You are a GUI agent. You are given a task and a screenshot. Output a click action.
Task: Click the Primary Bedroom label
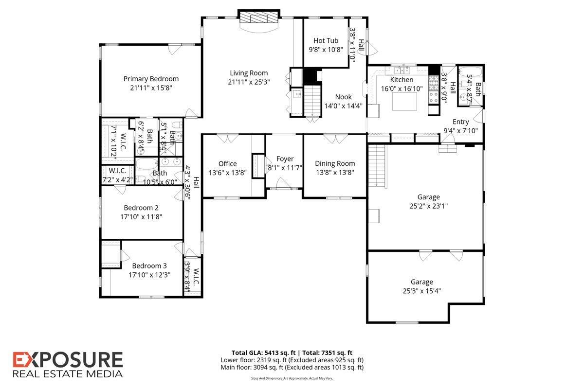click(x=151, y=79)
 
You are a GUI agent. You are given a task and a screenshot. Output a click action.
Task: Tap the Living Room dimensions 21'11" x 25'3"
click(x=249, y=82)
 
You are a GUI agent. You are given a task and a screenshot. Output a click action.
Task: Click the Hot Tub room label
click(x=326, y=41)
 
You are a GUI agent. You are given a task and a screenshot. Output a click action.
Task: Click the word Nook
click(x=343, y=97)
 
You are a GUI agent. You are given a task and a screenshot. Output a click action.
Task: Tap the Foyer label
click(x=285, y=159)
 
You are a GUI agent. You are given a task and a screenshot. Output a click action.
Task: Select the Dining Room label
click(x=335, y=163)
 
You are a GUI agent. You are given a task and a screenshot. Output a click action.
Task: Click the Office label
click(x=227, y=164)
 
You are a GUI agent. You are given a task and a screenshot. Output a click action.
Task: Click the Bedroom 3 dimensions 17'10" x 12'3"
click(x=149, y=275)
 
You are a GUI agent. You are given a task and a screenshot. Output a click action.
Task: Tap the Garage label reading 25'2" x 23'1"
click(x=428, y=206)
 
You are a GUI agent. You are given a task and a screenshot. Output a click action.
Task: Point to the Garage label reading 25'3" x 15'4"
click(x=421, y=291)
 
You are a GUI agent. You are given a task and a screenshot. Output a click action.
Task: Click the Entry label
click(x=460, y=122)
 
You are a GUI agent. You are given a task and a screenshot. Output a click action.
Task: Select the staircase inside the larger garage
click(x=376, y=166)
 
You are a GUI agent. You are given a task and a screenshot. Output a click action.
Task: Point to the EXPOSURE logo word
click(x=68, y=360)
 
